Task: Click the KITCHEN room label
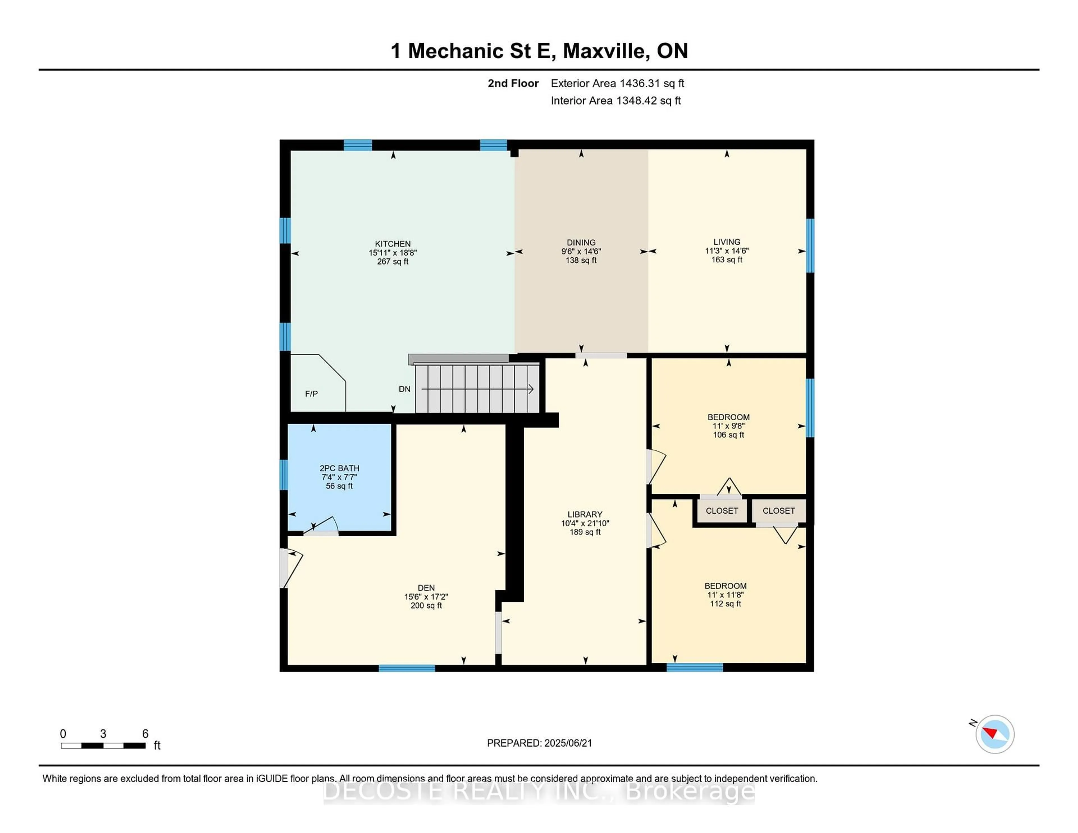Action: [392, 244]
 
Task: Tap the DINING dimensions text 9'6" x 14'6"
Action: [581, 251]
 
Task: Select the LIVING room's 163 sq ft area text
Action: [727, 260]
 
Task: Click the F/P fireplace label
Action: [311, 394]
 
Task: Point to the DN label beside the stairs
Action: [404, 389]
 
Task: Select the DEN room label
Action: [426, 588]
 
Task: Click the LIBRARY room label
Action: [585, 514]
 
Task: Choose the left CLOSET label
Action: [722, 511]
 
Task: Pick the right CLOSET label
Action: [778, 511]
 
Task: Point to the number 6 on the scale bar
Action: [145, 734]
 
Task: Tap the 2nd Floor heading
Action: [513, 83]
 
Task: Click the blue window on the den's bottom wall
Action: [407, 668]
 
